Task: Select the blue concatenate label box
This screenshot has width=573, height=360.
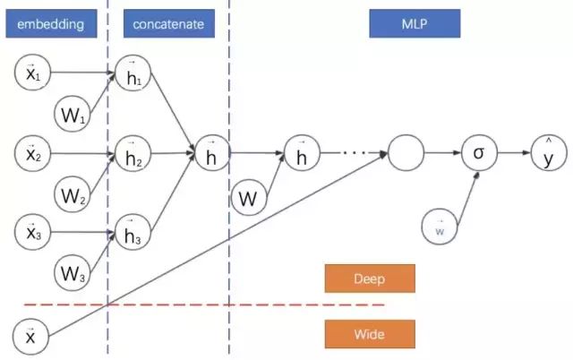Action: [x=167, y=23]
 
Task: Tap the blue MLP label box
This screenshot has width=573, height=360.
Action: [x=414, y=23]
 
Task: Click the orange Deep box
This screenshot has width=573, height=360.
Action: [x=369, y=279]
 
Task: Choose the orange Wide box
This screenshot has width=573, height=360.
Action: [x=369, y=334]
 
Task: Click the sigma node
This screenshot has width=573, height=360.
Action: [x=478, y=153]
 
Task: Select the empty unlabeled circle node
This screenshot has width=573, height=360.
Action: [x=406, y=153]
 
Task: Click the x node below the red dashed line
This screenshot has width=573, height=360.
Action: [x=30, y=336]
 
